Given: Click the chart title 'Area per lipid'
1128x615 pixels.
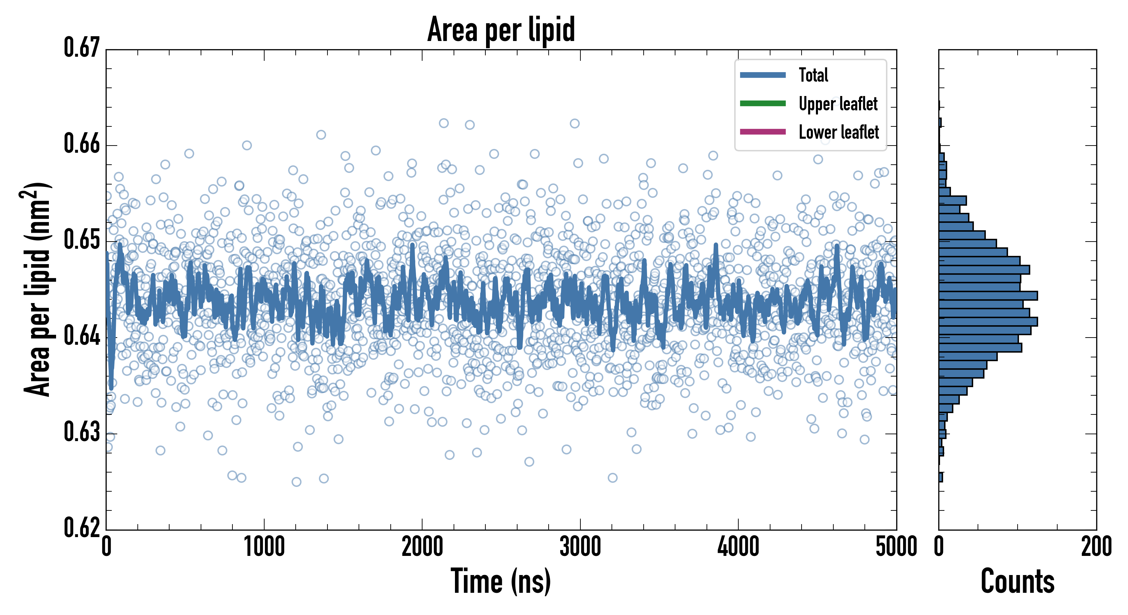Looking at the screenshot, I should click(501, 30).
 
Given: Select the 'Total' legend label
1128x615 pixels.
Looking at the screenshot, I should click(813, 75).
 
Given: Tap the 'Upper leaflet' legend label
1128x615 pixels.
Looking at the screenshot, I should click(838, 104).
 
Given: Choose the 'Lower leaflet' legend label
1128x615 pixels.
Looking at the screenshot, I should click(838, 132).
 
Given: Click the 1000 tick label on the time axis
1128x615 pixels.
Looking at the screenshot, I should click(264, 547).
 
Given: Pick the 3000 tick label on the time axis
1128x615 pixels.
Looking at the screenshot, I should click(580, 547).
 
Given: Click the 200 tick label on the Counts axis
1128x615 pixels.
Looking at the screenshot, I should click(1096, 547).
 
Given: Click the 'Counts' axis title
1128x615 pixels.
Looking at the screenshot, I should click(1017, 581).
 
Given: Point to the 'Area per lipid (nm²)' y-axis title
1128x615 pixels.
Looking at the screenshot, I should click(38, 289).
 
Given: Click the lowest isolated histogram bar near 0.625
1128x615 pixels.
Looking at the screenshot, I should click(941, 477).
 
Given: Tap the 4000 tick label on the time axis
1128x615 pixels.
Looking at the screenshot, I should click(738, 547).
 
